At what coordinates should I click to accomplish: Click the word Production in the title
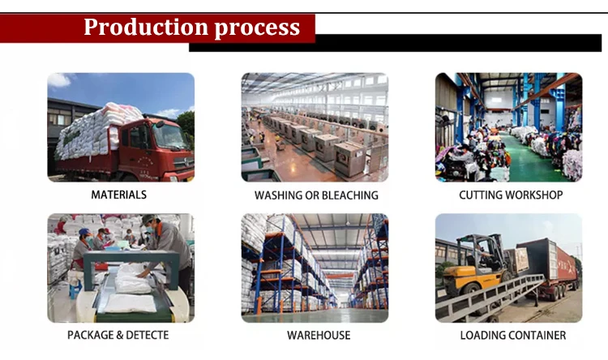tap(146, 28)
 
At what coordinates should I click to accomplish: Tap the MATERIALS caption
tap(118, 195)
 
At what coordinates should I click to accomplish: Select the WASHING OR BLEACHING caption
tap(316, 195)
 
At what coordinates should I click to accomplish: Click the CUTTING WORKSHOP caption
tap(511, 195)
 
